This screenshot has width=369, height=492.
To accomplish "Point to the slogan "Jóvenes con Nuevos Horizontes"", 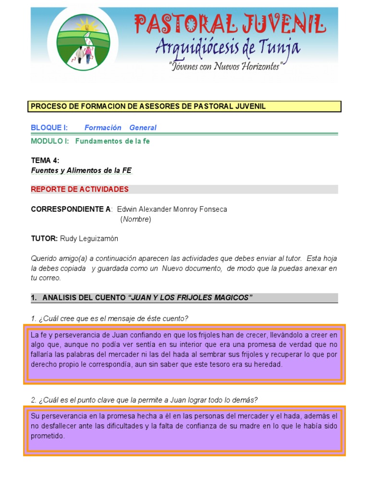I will tap(225, 67).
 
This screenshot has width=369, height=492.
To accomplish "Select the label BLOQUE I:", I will tap(49, 127).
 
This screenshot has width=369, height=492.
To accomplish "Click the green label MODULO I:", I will tap(50, 141).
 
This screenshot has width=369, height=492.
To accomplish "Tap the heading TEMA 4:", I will tap(46, 160).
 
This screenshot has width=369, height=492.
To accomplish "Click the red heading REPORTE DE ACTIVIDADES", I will tap(80, 189).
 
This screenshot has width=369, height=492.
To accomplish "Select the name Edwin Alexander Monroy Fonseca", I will tap(172, 209).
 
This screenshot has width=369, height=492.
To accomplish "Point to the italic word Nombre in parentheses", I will tap(135, 219).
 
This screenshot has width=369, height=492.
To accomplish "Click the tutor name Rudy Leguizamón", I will tap(89, 238).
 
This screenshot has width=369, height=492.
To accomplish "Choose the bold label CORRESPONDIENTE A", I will tap(71, 209).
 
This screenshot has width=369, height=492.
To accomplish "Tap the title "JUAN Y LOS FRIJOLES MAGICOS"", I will tap(190, 298).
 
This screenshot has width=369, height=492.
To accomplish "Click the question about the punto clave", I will tap(145, 400).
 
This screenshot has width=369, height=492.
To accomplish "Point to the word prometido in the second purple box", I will tap(48, 436).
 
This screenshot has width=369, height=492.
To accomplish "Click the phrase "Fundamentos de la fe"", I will tap(112, 141).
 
